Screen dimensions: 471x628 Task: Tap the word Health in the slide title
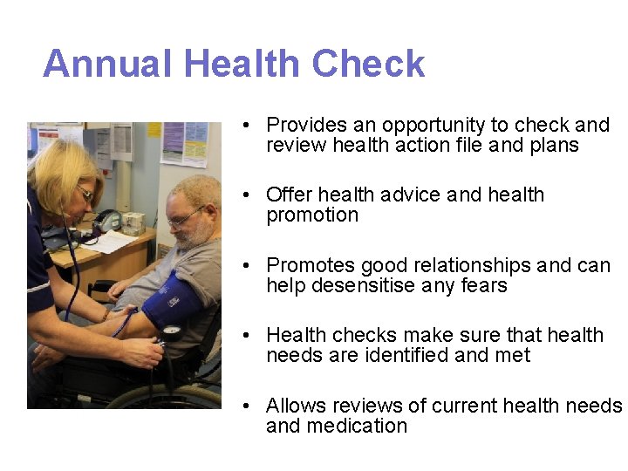(243, 65)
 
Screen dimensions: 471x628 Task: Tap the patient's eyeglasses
(187, 216)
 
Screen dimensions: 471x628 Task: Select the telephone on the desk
(106, 222)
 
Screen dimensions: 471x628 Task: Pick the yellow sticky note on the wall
(154, 128)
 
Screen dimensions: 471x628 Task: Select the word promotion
(312, 215)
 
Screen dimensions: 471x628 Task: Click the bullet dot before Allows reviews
(249, 406)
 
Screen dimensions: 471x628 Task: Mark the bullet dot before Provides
(249, 126)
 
